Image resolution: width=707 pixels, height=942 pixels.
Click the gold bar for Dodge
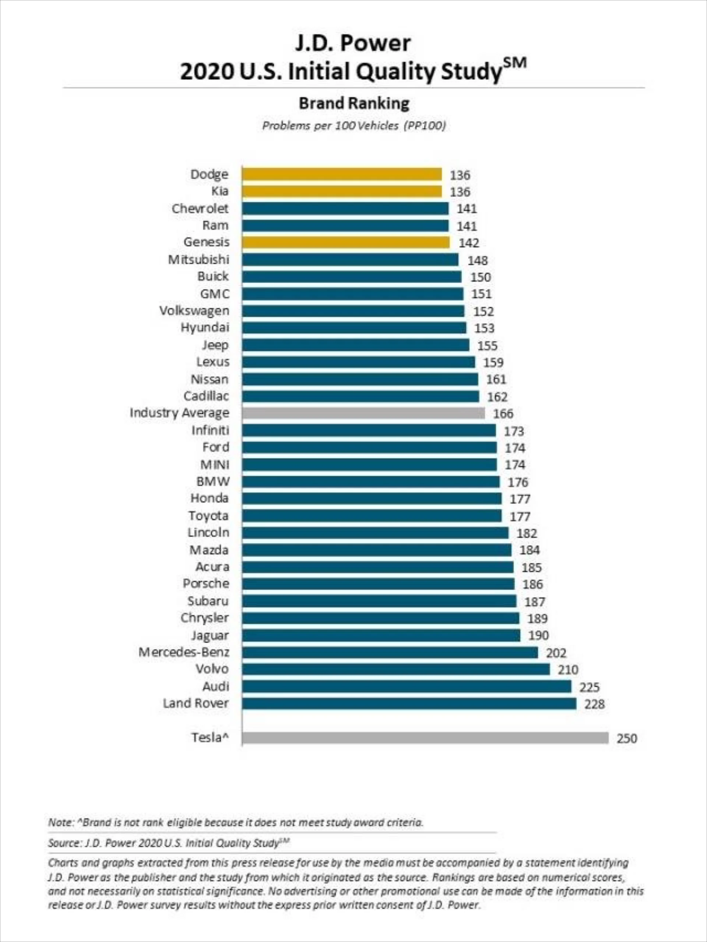coord(342,174)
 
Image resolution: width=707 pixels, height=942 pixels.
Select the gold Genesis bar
coord(345,242)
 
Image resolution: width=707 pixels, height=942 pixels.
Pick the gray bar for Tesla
coord(425,738)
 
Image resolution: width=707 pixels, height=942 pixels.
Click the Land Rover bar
coord(409,703)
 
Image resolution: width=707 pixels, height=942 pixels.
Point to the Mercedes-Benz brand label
coord(184,652)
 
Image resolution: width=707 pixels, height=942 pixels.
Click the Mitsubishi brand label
coord(198,260)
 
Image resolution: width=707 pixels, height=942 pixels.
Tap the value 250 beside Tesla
coord(626,738)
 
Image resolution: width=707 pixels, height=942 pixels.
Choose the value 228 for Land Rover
coord(594,704)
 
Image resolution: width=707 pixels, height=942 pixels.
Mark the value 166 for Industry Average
coord(503,413)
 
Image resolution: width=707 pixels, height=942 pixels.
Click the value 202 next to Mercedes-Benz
coord(556,653)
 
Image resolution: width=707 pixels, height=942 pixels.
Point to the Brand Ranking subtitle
coord(354,103)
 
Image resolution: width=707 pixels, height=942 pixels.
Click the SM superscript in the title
coord(515,63)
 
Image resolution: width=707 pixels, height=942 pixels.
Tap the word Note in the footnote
coord(59,822)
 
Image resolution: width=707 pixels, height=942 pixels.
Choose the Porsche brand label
coord(206,583)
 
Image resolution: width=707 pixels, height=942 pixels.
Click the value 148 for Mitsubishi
coord(478,260)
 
